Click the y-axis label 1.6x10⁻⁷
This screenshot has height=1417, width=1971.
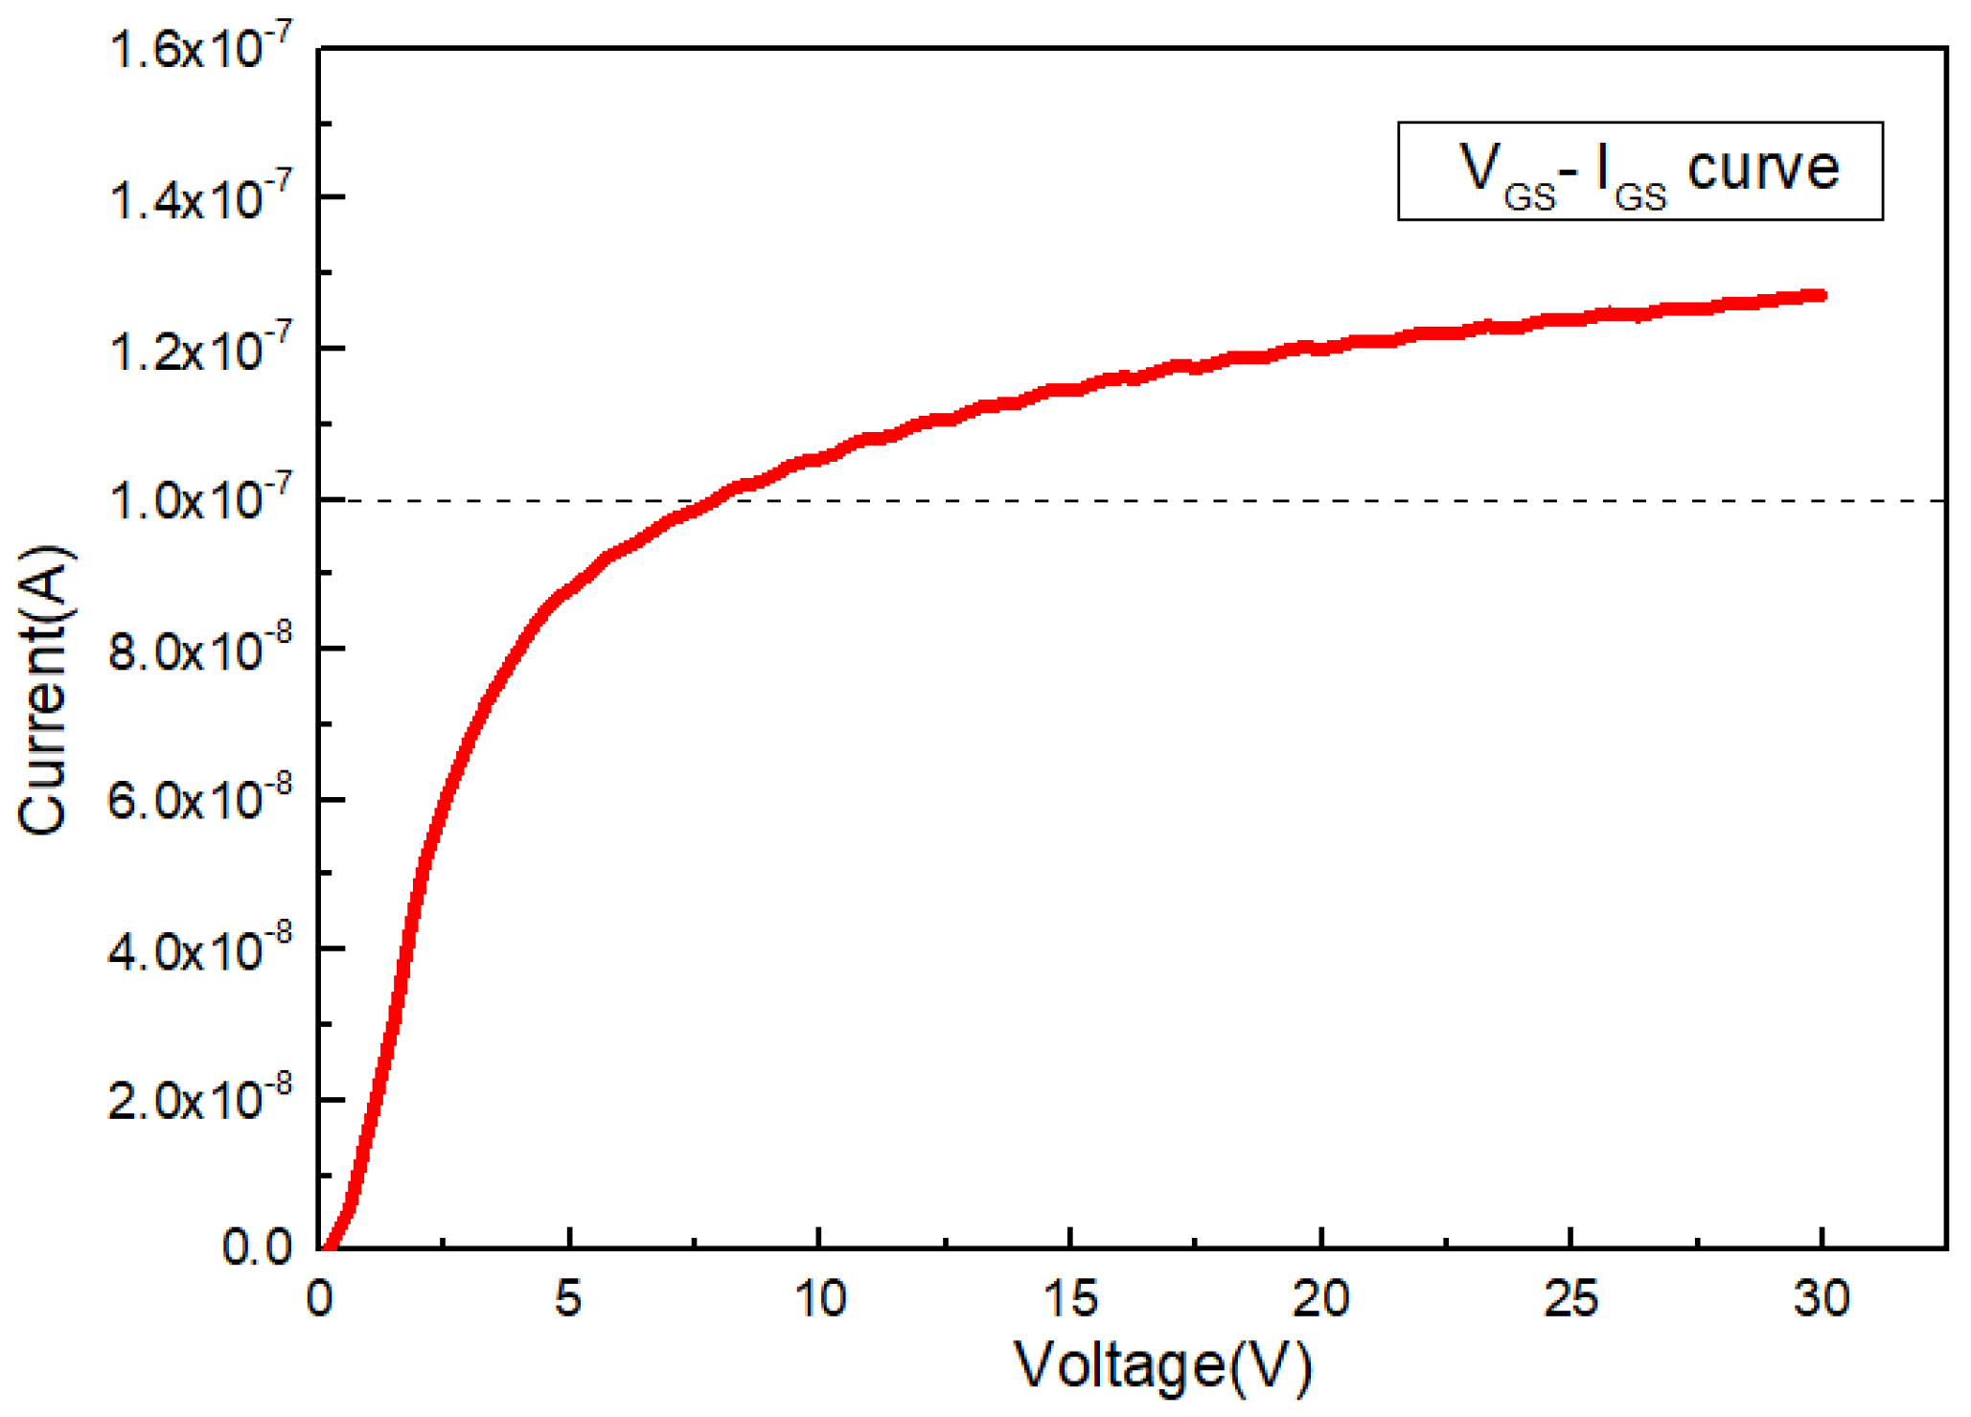pos(188,50)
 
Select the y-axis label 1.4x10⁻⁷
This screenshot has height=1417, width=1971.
pos(188,200)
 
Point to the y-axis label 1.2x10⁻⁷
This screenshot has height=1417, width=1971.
pos(188,352)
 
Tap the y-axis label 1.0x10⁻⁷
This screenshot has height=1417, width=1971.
pos(188,501)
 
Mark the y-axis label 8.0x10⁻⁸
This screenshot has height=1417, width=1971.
pos(186,651)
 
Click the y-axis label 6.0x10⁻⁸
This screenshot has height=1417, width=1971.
pos(186,801)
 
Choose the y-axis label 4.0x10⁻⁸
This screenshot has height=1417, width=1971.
pos(186,951)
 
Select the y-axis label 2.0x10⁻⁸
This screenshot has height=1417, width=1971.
pos(186,1102)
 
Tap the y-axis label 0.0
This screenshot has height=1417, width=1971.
pos(257,1247)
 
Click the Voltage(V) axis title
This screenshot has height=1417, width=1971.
pos(1162,1365)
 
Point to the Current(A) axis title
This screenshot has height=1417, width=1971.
pos(42,690)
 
